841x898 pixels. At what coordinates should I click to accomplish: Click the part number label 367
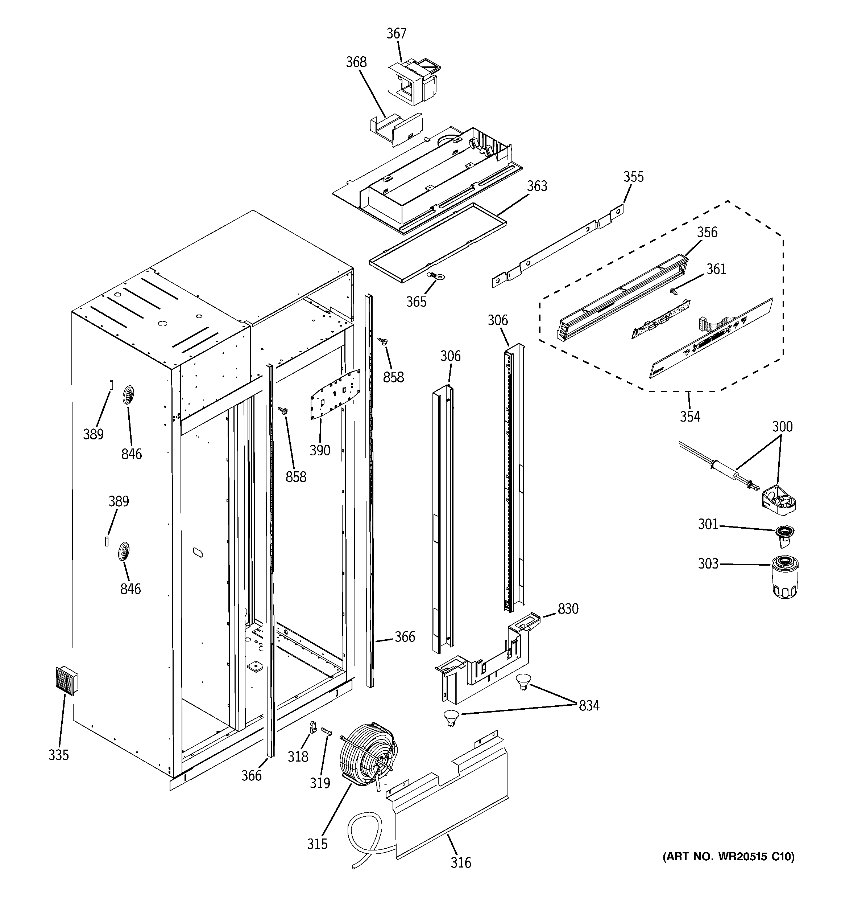click(x=396, y=33)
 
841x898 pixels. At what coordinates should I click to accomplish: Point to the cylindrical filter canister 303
click(x=786, y=577)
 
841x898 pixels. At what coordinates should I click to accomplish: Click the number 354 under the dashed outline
click(x=690, y=416)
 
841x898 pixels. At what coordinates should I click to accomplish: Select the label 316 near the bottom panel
click(x=460, y=863)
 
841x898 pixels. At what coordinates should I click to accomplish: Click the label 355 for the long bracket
click(x=633, y=177)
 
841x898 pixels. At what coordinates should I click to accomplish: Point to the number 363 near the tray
click(x=537, y=186)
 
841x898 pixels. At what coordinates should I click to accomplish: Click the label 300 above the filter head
click(x=782, y=426)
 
